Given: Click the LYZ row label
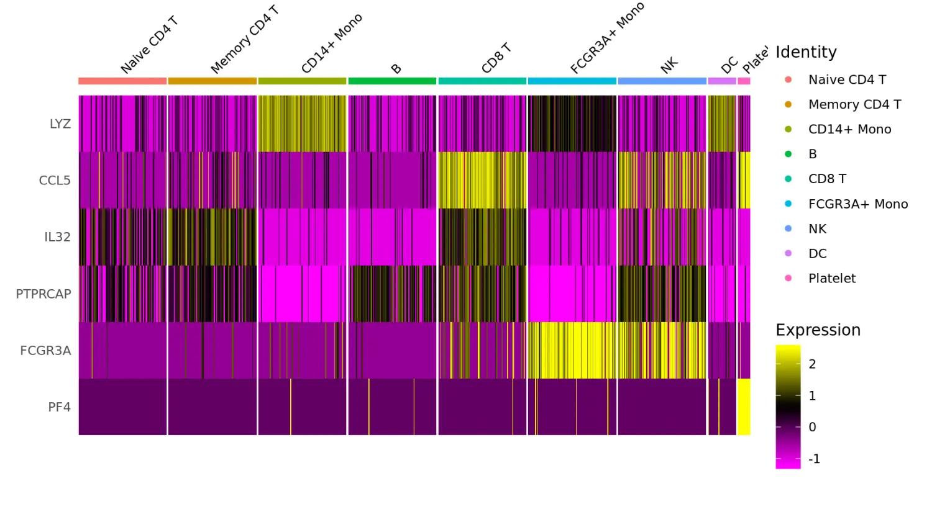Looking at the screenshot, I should point(60,124).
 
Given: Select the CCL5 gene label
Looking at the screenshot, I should point(55,181).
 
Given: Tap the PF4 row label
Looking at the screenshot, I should point(60,407).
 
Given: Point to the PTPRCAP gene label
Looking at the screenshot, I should point(43,294).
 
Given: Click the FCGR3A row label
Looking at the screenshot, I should point(45,351).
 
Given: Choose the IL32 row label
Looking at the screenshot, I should point(57,237).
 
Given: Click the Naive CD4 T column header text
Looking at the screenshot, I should point(149,45).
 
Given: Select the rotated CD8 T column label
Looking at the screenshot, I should point(496,58).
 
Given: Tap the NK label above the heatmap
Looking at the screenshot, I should point(669,65).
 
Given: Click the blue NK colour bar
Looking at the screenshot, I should point(662,81).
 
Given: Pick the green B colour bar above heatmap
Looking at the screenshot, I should point(392,81).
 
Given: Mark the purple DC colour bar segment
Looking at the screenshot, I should point(722,81).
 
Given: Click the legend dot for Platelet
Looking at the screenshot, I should point(788,278).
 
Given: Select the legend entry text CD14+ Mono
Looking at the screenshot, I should point(849,129).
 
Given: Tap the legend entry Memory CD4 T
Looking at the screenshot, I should point(854,104).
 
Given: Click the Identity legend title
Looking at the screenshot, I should point(806,52).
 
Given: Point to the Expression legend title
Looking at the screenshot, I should point(818,330).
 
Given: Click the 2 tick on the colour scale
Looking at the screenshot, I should point(812,364).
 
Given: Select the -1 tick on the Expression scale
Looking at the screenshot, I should point(814,459).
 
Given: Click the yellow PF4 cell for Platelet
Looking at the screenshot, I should point(744,407).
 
